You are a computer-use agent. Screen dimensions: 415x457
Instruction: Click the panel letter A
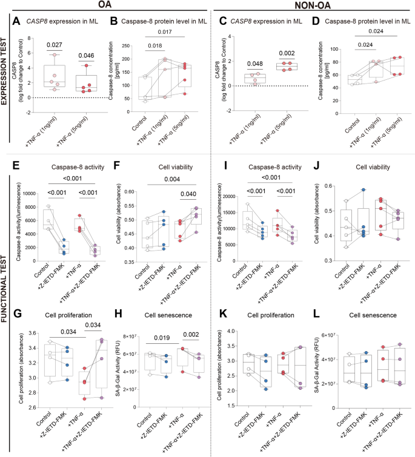coord(16,21)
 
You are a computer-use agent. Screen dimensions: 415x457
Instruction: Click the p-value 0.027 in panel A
coord(55,45)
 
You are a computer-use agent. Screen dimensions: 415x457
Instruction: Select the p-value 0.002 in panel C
coord(287,53)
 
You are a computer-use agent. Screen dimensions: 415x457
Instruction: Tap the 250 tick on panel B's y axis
coord(125,46)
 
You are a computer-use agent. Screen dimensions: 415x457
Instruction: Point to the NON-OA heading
coord(313,5)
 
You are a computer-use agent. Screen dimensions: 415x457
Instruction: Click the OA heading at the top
coord(104,4)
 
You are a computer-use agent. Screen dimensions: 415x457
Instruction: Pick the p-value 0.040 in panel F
coord(188,194)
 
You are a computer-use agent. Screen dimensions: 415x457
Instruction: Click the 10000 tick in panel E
coord(30,194)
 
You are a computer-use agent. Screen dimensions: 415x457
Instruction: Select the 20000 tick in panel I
coord(229,197)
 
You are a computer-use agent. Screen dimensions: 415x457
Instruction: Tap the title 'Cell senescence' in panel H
coord(168,315)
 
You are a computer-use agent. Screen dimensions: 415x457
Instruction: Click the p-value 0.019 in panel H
coord(162,338)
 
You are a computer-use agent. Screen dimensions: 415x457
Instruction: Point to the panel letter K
coord(223,314)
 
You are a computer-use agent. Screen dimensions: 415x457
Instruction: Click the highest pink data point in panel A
coord(55,55)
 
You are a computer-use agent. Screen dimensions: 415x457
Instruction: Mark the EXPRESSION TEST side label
coord(4,71)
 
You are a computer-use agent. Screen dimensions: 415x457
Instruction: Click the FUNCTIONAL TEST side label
coord(4,289)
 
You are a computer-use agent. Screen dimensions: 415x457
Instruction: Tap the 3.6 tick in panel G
coord(32,333)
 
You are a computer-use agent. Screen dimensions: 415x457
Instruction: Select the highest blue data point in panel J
coord(364,189)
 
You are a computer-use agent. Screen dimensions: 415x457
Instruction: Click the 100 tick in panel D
coord(334,49)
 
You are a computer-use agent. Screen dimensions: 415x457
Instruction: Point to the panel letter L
coord(316,314)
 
